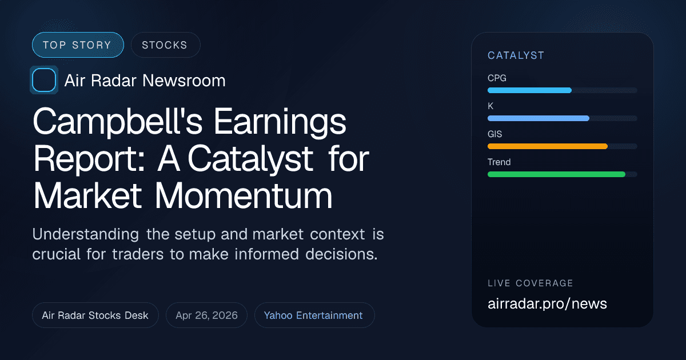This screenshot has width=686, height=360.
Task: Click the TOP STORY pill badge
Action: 78,45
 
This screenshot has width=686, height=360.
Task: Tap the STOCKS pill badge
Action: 165,45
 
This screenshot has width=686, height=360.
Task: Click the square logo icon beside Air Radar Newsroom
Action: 44,80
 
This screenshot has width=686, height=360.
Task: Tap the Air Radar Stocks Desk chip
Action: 95,315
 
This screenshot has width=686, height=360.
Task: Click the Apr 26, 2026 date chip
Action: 206,315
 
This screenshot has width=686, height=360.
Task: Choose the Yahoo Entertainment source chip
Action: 313,315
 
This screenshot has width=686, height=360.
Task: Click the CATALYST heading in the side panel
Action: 516,55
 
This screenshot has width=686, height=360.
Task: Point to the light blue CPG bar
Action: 529,90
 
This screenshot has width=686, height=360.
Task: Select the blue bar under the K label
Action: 538,118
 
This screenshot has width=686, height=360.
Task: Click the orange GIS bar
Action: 547,146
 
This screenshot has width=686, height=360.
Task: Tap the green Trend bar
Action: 556,174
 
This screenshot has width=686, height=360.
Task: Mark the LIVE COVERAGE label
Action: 530,283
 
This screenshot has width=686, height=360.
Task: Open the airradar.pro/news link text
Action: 547,303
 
